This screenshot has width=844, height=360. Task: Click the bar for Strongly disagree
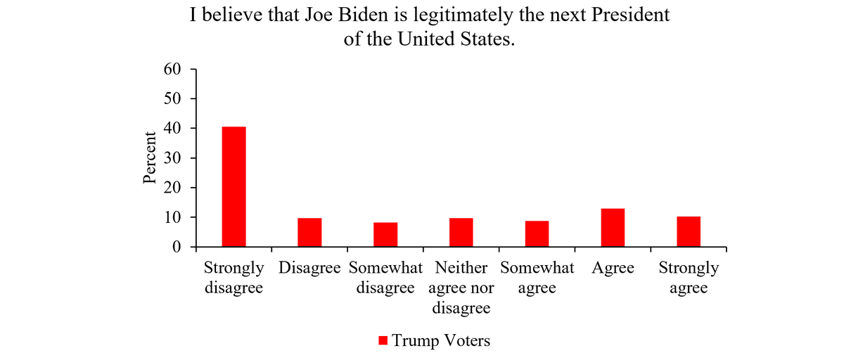234,187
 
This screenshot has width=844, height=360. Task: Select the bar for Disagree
309,233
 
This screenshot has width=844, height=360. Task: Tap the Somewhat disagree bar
385,235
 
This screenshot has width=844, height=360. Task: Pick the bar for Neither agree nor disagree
461,233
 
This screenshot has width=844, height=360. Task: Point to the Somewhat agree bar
537,234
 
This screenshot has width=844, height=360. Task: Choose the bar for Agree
613,228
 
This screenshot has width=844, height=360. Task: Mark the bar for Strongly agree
689,232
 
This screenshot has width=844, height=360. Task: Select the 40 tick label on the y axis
173,129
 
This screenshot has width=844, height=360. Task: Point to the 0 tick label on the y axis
177,247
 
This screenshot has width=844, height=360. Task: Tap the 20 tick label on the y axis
173,188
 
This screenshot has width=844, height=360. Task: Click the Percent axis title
150,158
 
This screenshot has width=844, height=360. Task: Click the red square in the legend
383,341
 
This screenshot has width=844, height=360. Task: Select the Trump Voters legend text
441,341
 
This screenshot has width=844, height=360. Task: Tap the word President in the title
632,15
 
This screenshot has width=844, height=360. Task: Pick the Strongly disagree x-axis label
234,278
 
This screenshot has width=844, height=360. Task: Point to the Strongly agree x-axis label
689,278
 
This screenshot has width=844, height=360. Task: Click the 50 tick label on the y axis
173,98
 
